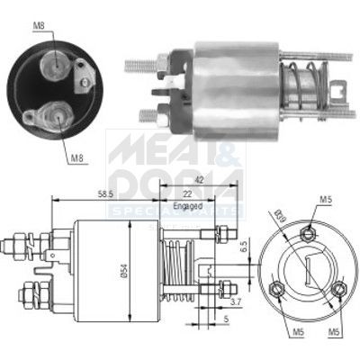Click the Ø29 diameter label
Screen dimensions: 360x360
281,217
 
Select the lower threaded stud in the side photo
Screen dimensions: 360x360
147,113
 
